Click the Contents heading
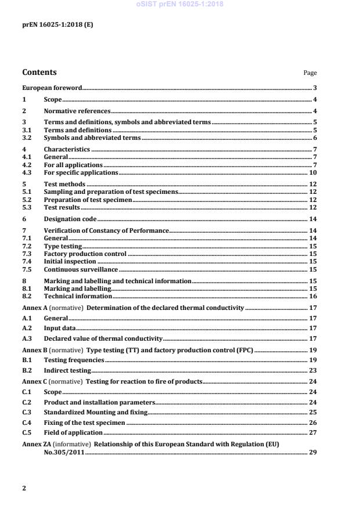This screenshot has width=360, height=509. (39, 73)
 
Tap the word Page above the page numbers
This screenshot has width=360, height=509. (310, 73)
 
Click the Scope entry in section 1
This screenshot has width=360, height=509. (53, 100)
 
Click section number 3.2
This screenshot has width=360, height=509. (27, 138)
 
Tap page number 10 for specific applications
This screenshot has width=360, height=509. (312, 172)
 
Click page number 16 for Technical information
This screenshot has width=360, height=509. (312, 296)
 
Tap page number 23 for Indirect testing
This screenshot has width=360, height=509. (312, 370)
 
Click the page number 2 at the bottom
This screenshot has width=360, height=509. (24, 488)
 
